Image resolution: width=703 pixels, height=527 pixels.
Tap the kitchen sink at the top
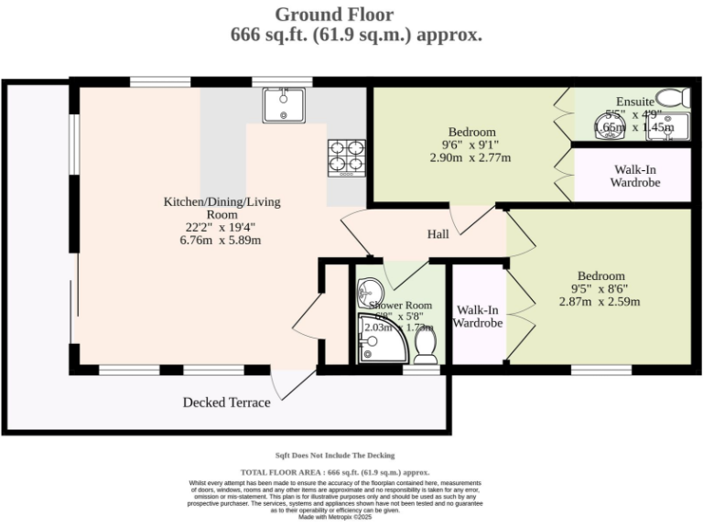pyautogui.click(x=283, y=104)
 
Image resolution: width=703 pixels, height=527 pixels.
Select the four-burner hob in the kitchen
pyautogui.click(x=346, y=156)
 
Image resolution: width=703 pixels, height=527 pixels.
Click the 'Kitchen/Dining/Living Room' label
pyautogui.click(x=222, y=208)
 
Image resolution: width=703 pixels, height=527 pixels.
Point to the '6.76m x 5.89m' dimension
pyautogui.click(x=222, y=241)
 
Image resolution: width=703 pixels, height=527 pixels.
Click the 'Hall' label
pyautogui.click(x=438, y=235)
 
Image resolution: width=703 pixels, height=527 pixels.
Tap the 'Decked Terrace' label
pyautogui.click(x=226, y=403)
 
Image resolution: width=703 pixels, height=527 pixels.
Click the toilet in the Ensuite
pyautogui.click(x=673, y=99)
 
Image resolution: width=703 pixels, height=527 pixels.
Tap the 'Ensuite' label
pyautogui.click(x=634, y=101)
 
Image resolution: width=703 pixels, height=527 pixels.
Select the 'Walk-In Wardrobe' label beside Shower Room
pyautogui.click(x=478, y=317)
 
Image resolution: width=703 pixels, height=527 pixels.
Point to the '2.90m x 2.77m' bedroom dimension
pyautogui.click(x=470, y=157)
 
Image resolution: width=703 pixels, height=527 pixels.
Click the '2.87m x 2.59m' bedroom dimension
pyautogui.click(x=600, y=301)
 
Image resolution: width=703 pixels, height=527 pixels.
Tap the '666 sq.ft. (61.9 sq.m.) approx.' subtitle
pyautogui.click(x=356, y=35)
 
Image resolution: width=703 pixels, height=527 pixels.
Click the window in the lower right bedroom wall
pyautogui.click(x=600, y=370)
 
